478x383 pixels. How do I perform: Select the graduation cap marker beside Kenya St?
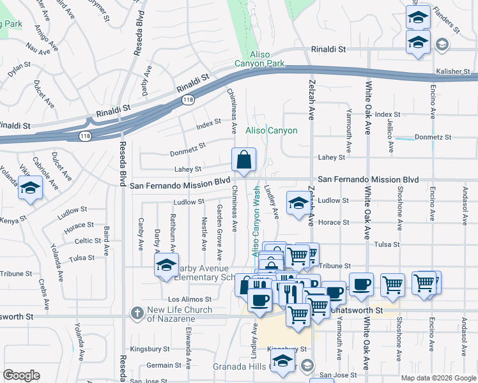30,188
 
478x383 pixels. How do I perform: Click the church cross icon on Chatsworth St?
136,313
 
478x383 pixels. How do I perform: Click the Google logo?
21,375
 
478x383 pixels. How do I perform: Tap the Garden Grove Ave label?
219,232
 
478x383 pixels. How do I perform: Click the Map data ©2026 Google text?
438,378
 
